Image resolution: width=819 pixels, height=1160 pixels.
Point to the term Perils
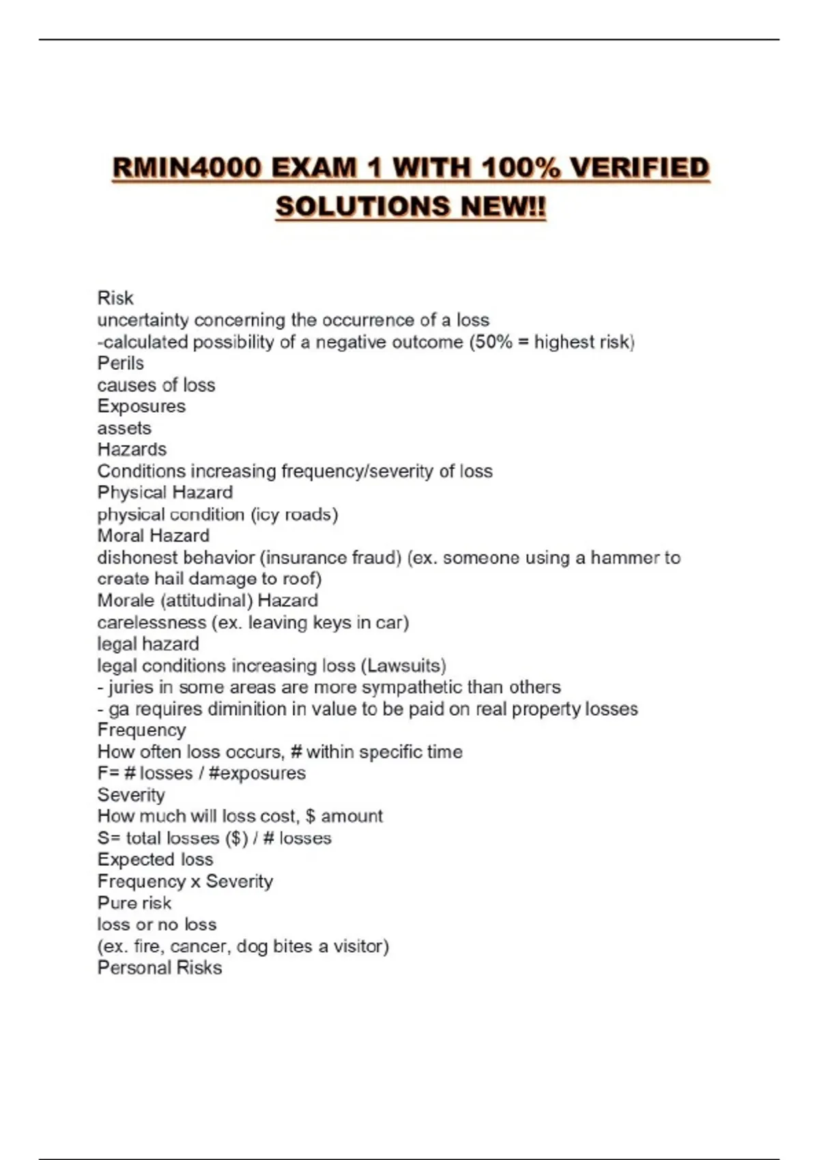(121, 363)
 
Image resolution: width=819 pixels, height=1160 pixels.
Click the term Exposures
(141, 406)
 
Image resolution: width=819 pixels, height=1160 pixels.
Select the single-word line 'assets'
(124, 429)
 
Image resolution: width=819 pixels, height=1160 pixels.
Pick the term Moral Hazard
(154, 536)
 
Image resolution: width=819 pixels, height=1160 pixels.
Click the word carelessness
(152, 622)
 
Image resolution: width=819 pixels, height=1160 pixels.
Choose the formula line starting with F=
(201, 773)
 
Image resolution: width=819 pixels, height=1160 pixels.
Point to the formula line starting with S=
(214, 838)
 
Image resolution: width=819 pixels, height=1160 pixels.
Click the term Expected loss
(155, 860)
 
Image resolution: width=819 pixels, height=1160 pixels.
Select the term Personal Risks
(160, 968)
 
